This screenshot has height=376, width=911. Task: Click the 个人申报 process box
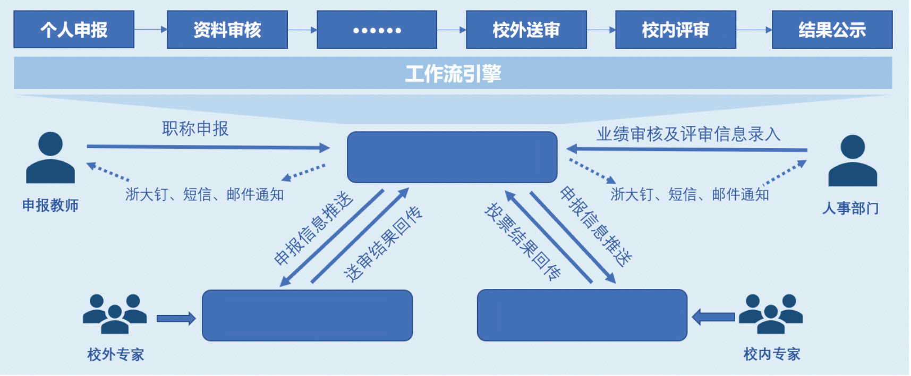coord(74,30)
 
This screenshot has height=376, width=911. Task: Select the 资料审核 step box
coord(227,30)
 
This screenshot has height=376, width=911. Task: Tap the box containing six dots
coord(377,30)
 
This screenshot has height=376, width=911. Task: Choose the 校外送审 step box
coord(526,30)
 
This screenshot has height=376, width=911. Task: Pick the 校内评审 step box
coord(675,30)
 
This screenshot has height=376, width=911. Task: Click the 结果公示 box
coord(832,30)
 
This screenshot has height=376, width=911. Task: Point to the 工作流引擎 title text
coord(453,74)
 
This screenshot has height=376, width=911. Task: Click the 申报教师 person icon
coord(50,158)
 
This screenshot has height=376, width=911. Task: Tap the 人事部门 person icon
coord(853,160)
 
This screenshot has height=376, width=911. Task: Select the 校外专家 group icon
coord(115,314)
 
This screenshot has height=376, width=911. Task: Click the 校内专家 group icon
coord(771,314)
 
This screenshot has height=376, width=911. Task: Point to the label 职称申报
coord(195,129)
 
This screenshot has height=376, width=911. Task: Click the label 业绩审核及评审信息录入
coord(688,134)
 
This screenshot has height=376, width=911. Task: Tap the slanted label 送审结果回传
coord(383,244)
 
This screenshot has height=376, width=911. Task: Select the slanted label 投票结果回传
coord(523,242)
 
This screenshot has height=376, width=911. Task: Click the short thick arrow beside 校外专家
coord(176,319)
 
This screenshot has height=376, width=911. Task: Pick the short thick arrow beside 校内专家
coord(714,318)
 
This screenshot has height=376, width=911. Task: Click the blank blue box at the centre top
coord(452,157)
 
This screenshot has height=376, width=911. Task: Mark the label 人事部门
coord(850,208)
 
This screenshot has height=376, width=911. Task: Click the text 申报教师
coord(50,206)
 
